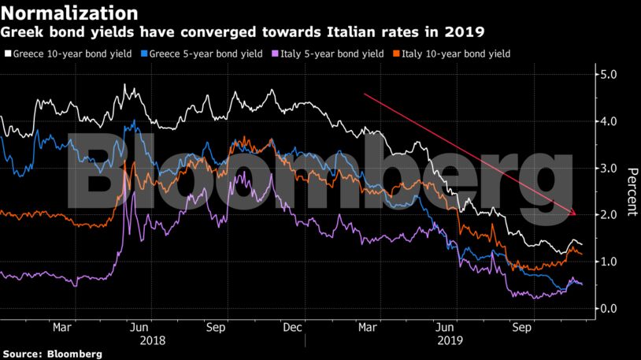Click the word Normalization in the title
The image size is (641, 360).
[x=70, y=13]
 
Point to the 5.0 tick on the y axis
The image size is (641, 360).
[x=610, y=75]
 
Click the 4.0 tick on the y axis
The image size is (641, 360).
[x=610, y=121]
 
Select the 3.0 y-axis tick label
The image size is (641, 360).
[x=610, y=168]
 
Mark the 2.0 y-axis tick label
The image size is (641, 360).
[x=610, y=214]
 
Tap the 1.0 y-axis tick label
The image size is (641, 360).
[x=610, y=262]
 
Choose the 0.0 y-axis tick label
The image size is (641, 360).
[x=610, y=308]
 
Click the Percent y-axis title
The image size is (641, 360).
[x=632, y=191]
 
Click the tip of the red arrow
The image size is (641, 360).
[x=576, y=214]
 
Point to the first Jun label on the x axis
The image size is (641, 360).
[x=139, y=326]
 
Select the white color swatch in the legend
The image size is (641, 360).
[x=7, y=54]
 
